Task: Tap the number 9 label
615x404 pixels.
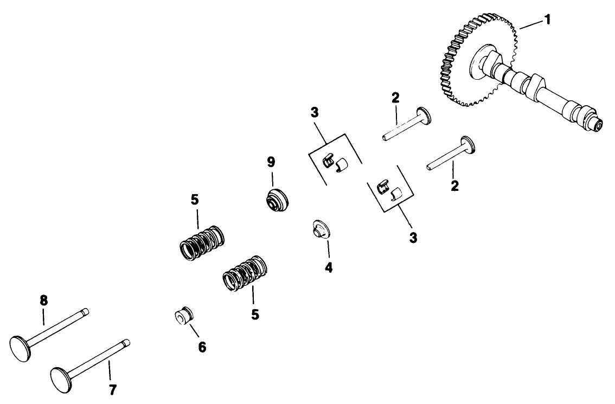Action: click(x=271, y=162)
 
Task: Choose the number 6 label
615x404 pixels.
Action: click(x=202, y=348)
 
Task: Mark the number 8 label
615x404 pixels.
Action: click(x=44, y=299)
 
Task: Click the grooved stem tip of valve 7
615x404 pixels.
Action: click(x=126, y=342)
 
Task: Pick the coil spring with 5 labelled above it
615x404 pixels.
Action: click(x=201, y=243)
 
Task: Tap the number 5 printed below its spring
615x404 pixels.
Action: click(x=254, y=314)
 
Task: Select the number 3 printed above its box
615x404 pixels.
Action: click(x=315, y=113)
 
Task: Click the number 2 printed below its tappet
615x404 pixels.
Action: click(x=454, y=186)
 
